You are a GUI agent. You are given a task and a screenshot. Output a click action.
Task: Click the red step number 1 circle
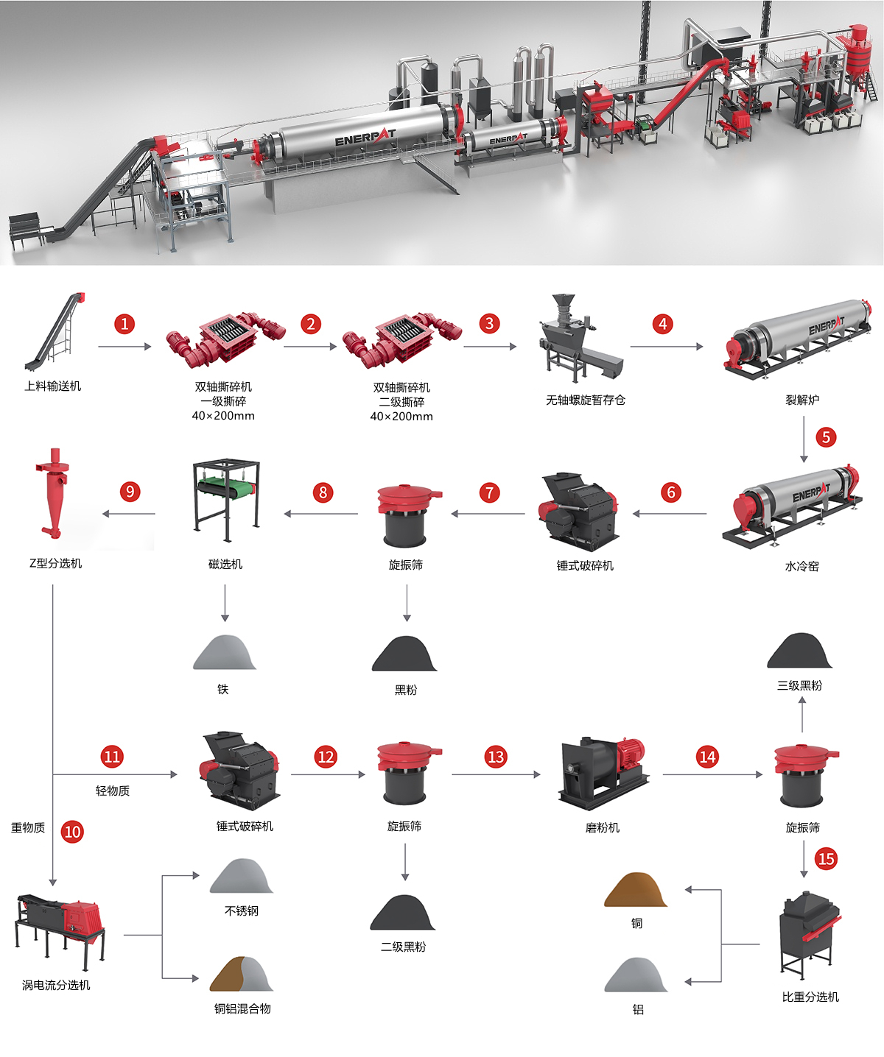click(124, 324)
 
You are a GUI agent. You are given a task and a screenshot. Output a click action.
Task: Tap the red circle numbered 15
click(826, 859)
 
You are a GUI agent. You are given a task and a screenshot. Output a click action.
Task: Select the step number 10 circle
click(72, 832)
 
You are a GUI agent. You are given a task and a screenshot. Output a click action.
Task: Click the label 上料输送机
click(53, 386)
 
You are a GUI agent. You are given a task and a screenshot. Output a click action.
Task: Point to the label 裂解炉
click(802, 400)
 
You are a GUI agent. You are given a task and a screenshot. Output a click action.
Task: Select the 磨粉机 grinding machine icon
click(603, 774)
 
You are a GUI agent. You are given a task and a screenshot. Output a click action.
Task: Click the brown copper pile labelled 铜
click(636, 890)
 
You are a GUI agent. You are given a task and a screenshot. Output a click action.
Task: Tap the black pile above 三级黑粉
click(799, 651)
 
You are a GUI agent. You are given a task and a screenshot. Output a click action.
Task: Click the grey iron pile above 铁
click(225, 652)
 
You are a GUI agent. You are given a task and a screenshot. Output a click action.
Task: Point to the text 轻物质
click(113, 791)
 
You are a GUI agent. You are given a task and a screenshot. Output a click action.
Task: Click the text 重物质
click(28, 827)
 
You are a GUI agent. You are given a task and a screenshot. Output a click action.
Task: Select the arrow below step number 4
click(667, 347)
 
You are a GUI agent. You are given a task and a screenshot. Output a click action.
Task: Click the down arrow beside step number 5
click(804, 439)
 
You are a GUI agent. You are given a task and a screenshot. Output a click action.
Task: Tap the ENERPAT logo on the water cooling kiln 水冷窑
click(811, 492)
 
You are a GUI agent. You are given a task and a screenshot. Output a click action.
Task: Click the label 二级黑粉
click(403, 947)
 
